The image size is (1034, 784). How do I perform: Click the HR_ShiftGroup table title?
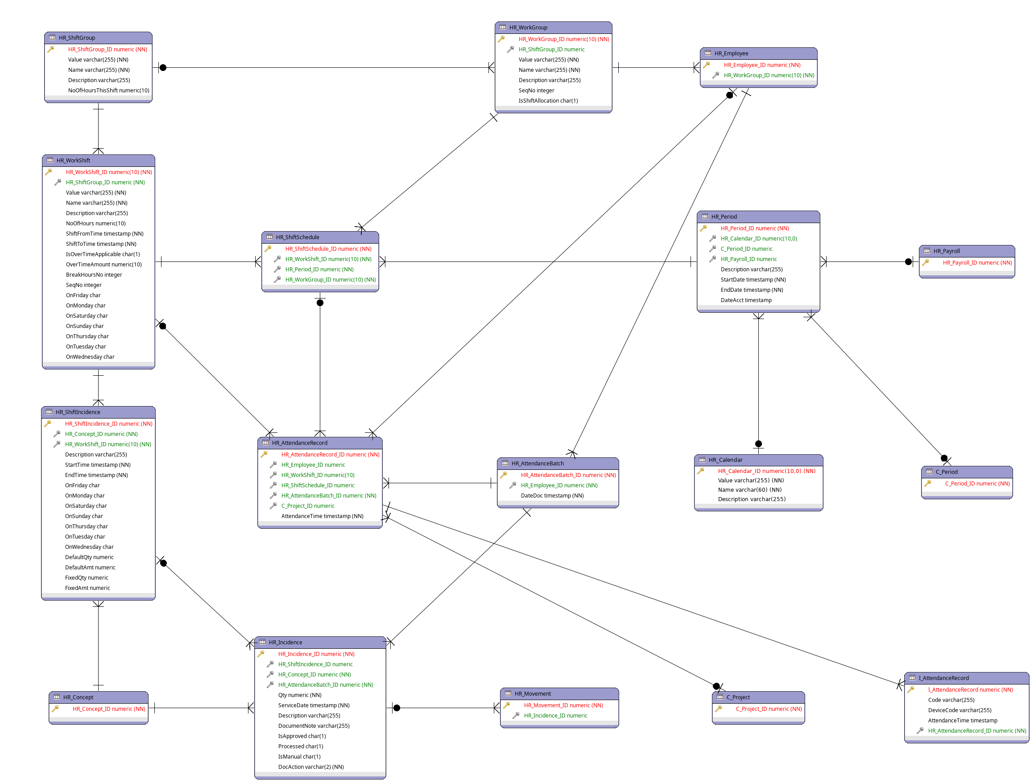point(77,37)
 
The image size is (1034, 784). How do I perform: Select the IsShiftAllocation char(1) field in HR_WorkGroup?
point(548,100)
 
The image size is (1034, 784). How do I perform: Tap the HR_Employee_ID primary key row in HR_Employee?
point(761,65)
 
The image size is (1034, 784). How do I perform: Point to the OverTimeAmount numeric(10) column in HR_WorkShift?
point(103,264)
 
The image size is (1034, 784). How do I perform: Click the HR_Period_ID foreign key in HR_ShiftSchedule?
point(319,269)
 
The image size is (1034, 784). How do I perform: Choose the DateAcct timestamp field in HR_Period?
point(745,300)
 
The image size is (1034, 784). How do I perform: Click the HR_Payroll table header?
point(946,251)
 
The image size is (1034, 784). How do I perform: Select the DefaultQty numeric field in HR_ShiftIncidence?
point(89,557)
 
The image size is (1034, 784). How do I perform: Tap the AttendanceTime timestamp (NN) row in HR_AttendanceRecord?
point(322,516)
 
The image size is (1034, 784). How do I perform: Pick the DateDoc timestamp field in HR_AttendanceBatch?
point(552,496)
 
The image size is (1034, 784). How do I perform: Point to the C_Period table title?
point(946,472)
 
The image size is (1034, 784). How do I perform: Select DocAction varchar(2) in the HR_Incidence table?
point(310,767)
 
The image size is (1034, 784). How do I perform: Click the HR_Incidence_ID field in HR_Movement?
point(555,715)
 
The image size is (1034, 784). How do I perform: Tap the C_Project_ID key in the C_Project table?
point(768,709)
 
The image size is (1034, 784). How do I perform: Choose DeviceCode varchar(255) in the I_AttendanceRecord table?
point(959,710)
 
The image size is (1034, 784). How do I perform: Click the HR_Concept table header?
point(78,697)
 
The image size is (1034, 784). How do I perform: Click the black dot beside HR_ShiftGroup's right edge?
point(163,68)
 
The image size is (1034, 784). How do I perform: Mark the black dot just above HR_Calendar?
point(758,444)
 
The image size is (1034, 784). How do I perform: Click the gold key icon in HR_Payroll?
point(925,263)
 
